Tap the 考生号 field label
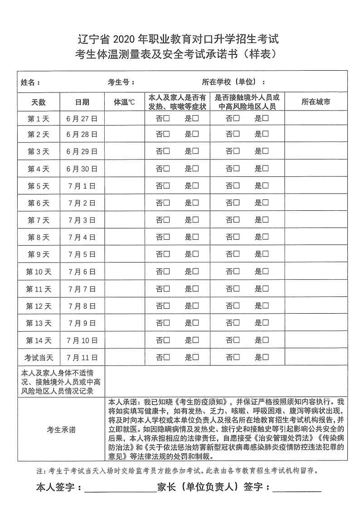point(121,82)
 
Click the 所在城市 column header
point(316,102)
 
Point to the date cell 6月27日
point(82,119)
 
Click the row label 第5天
point(39,186)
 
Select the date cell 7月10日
point(82,340)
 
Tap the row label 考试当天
point(39,357)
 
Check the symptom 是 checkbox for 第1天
point(196,119)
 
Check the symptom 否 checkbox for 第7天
point(167,220)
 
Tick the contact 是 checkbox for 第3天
point(266,151)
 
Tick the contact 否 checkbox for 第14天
point(236,340)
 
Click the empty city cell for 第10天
point(316,271)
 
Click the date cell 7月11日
point(82,357)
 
